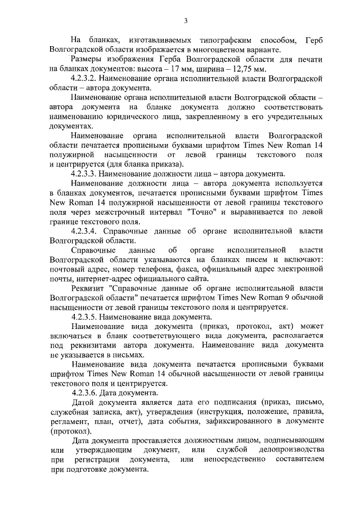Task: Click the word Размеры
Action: pyautogui.click(x=89, y=60)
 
